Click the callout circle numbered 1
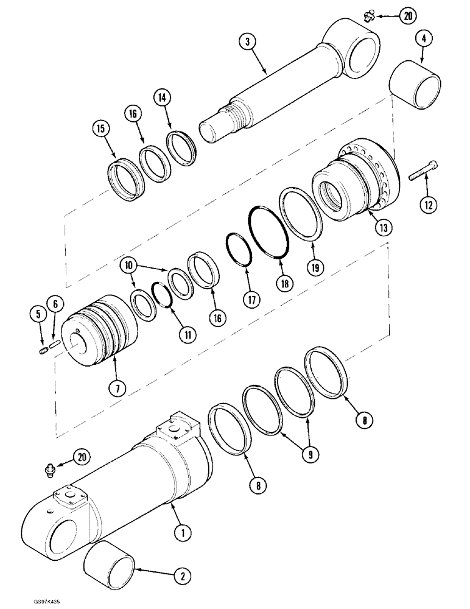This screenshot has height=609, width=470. (181, 533)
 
